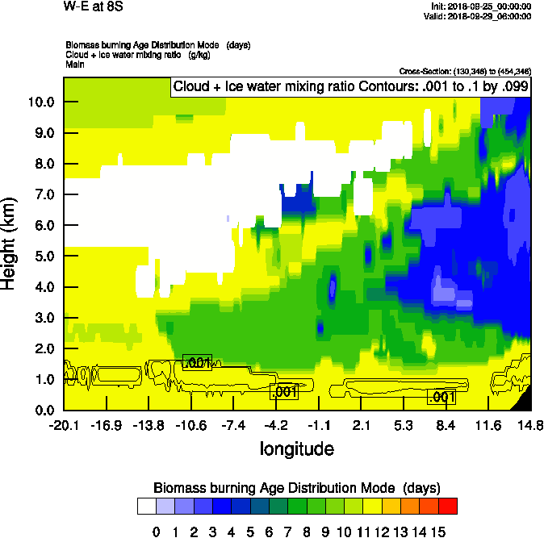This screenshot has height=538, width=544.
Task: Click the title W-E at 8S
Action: pos(87,6)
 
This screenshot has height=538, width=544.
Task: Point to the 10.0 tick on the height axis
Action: pos(40,102)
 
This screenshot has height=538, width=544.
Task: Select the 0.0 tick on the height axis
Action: pos(44,411)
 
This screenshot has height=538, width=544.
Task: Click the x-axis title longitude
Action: pos(296,448)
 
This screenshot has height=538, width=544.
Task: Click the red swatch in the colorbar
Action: pos(447,506)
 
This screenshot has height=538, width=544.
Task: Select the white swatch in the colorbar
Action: pos(146,506)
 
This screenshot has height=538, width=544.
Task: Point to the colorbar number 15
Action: pos(438,532)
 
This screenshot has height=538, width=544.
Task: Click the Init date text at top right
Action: pos(482,6)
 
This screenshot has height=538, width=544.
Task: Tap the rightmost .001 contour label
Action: pos(442,397)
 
